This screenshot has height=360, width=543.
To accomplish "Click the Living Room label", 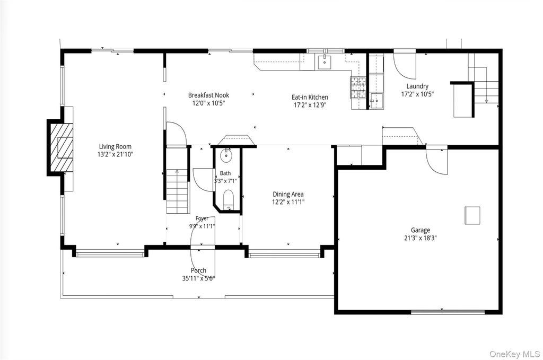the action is pyautogui.click(x=115, y=146).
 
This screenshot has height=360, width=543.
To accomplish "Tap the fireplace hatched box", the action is pyautogui.click(x=62, y=147).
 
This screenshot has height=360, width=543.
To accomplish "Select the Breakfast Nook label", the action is pyautogui.click(x=208, y=95).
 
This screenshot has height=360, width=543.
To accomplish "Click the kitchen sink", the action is pyautogui.click(x=325, y=62).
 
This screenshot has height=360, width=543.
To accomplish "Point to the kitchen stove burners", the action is pyautogui.click(x=358, y=87).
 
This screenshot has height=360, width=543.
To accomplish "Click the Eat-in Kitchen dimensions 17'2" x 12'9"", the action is pyautogui.click(x=310, y=105).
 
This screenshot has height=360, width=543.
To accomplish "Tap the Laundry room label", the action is pyautogui.click(x=417, y=86).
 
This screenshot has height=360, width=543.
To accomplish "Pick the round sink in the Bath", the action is pyautogui.click(x=227, y=155).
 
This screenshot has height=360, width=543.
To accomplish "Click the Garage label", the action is pyautogui.click(x=421, y=230).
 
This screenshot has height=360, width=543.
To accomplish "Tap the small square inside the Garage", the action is pyautogui.click(x=472, y=215).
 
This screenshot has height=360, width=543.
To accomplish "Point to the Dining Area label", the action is pyautogui.click(x=288, y=194).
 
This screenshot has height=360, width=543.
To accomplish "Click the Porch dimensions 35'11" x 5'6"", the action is pyautogui.click(x=198, y=278).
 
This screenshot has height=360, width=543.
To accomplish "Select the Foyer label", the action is pyautogui.click(x=202, y=218).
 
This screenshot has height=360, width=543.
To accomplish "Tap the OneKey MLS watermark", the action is pyautogui.click(x=514, y=354).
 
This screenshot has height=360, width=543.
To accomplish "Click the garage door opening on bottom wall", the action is pyautogui.click(x=448, y=312).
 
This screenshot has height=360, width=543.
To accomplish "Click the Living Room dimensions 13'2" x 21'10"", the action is pyautogui.click(x=115, y=154).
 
